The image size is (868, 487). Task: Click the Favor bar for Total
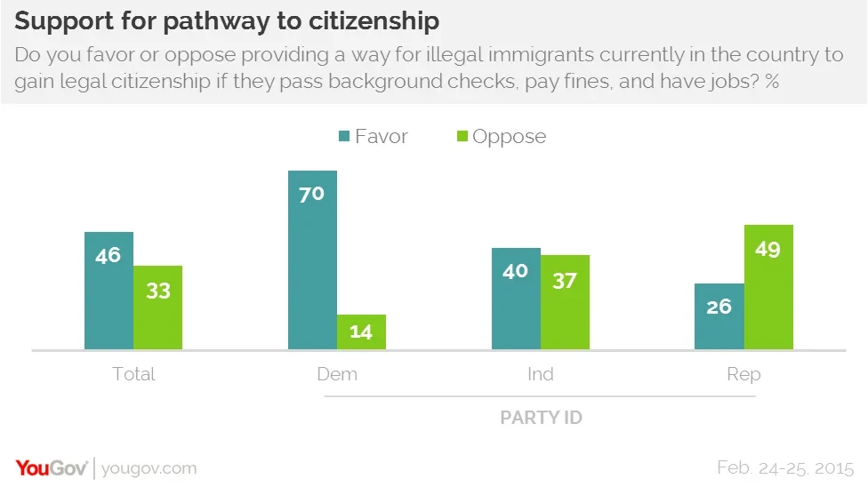pos(108,291)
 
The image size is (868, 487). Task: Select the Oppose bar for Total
pos(158,307)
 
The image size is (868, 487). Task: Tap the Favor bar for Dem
pos(312,259)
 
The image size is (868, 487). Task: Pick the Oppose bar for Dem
pos(361,331)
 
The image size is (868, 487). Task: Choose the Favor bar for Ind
pos(516,299)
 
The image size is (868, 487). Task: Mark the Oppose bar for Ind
pos(565,302)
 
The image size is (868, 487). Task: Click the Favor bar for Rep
pos(719,316)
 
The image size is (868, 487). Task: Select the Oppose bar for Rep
pos(768,286)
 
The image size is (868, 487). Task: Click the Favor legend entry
pos(372,136)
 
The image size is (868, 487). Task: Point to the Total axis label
pos(133,374)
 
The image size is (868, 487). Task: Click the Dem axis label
pos(337,374)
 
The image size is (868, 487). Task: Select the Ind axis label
pos(540,374)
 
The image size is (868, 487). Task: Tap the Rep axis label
pos(743,374)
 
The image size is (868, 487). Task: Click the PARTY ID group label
pos(541,417)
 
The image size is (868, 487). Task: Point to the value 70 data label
pos(311,194)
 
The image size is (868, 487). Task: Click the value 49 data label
pos(768,250)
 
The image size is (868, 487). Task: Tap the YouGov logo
pos(50,467)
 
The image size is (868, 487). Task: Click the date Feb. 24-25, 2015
pos(785,467)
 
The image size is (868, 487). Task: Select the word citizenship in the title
pos(378,20)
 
